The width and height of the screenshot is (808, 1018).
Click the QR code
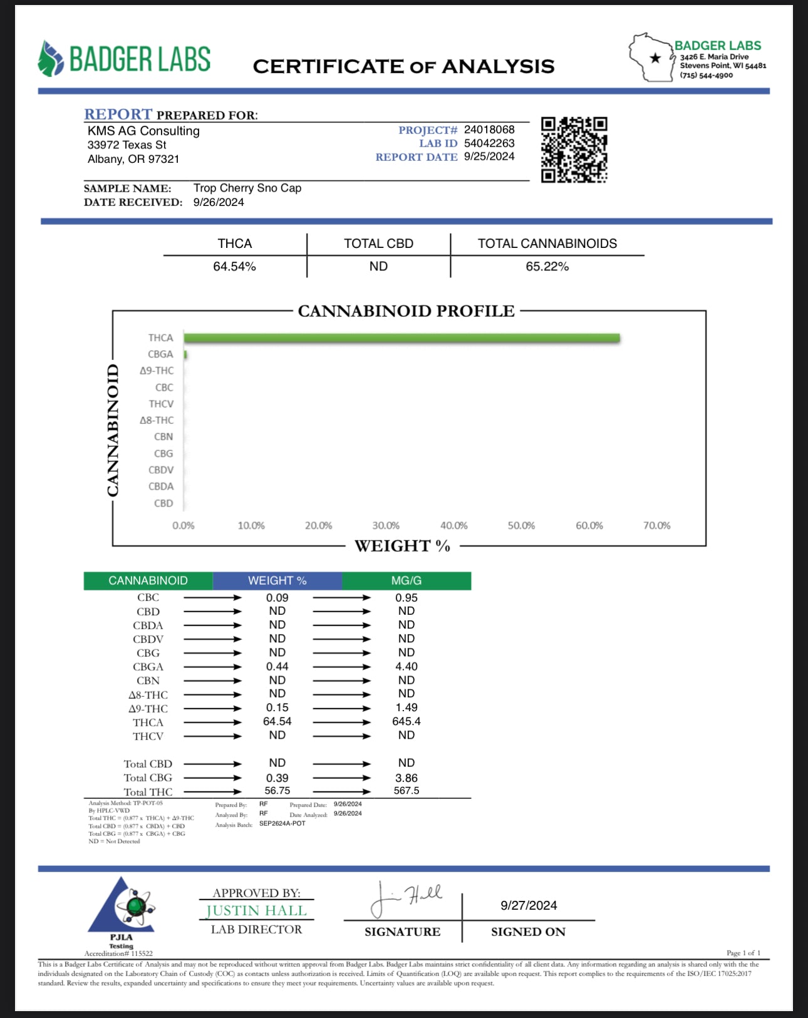pyautogui.click(x=574, y=150)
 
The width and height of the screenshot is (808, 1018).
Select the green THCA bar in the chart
pyautogui.click(x=401, y=338)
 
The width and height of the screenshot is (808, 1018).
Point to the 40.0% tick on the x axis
pyautogui.click(x=453, y=526)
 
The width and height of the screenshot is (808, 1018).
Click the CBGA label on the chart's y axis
pyautogui.click(x=160, y=354)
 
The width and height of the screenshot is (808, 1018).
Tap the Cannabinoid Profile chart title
pyautogui.click(x=406, y=311)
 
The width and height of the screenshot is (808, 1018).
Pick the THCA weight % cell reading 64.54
pyautogui.click(x=277, y=722)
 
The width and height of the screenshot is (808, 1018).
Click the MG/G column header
pyautogui.click(x=406, y=581)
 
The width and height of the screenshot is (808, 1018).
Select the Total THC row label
pyautogui.click(x=148, y=792)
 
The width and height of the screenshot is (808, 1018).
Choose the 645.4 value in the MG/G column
pyautogui.click(x=406, y=722)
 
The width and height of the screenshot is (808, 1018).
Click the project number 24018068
pyautogui.click(x=489, y=130)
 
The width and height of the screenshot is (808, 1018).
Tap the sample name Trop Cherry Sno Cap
pyautogui.click(x=247, y=188)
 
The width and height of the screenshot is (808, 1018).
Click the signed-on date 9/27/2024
pyautogui.click(x=529, y=905)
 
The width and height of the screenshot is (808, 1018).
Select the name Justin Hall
pyautogui.click(x=256, y=911)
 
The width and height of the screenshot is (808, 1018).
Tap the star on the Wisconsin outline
pyautogui.click(x=655, y=58)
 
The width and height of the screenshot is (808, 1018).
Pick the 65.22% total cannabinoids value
pyautogui.click(x=547, y=267)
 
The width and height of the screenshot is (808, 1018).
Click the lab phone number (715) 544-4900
pyautogui.click(x=706, y=75)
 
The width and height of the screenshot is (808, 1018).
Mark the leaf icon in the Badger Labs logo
pyautogui.click(x=50, y=59)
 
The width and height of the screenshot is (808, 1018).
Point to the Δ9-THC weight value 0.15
pyautogui.click(x=277, y=708)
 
